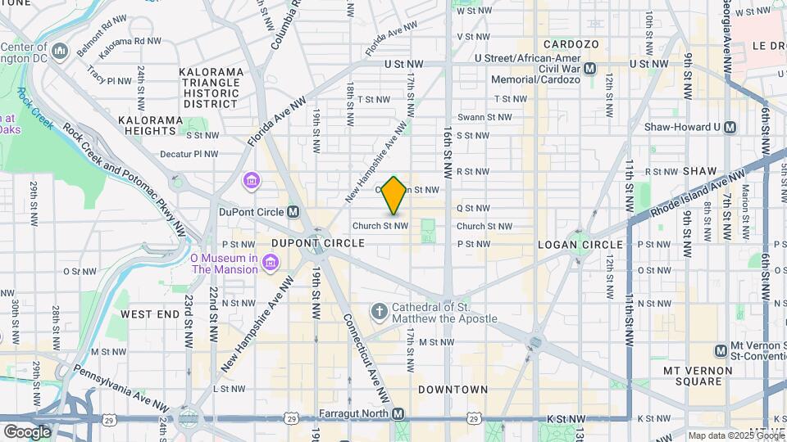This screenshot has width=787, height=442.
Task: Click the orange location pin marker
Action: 394,195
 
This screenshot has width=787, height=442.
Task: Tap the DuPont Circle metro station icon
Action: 293,211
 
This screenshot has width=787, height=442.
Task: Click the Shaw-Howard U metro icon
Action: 730,127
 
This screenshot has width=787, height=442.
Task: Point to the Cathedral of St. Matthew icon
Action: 378,312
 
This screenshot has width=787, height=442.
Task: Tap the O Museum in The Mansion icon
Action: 271,262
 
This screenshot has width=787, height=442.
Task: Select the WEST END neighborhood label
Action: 149,314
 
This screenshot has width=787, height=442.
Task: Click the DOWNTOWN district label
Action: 453,390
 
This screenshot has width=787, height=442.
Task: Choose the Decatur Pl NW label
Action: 189,153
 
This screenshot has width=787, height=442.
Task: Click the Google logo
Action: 27,431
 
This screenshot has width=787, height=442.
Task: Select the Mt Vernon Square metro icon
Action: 721,350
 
